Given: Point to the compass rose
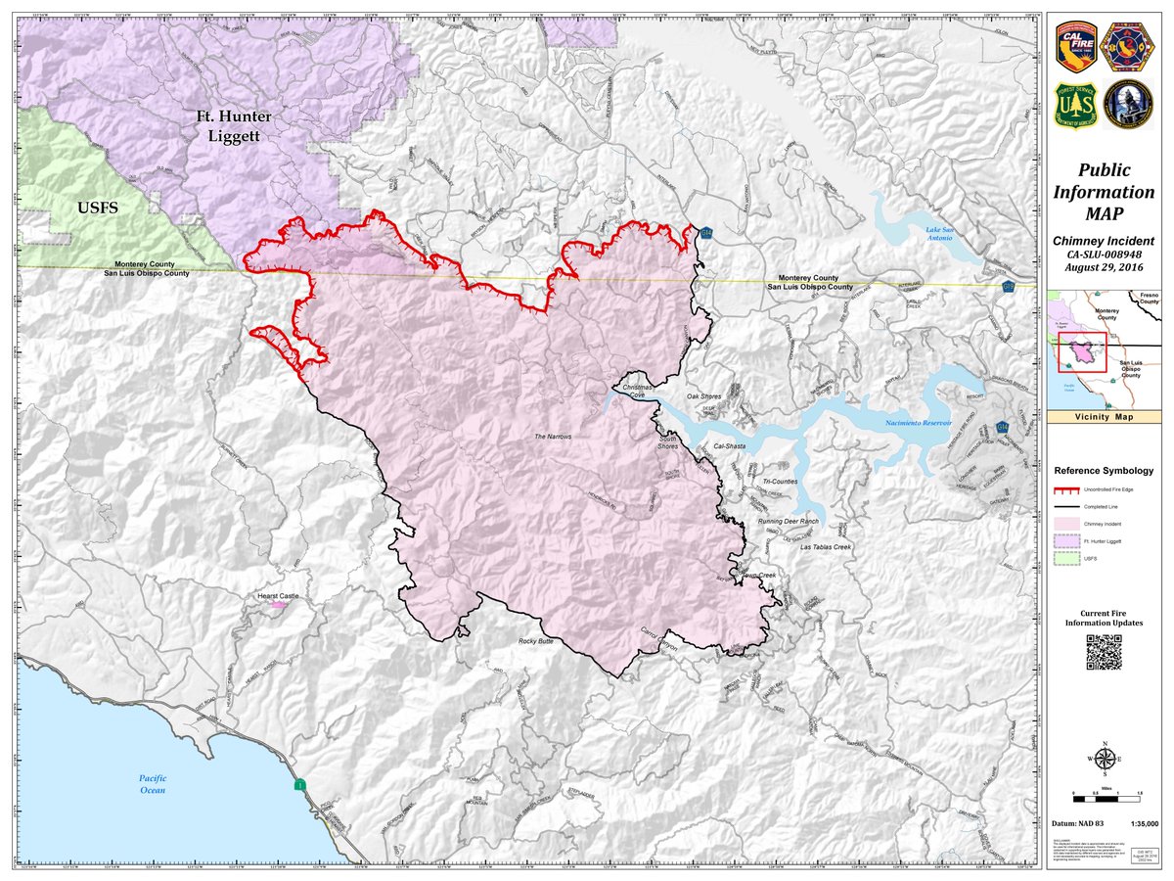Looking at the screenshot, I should tap(1104, 759).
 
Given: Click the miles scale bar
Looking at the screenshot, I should tap(1104, 790).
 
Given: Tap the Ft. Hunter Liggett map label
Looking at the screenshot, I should tap(233, 126).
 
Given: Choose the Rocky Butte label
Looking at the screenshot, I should tap(536, 642).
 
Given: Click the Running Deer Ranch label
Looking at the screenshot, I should tap(788, 521).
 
